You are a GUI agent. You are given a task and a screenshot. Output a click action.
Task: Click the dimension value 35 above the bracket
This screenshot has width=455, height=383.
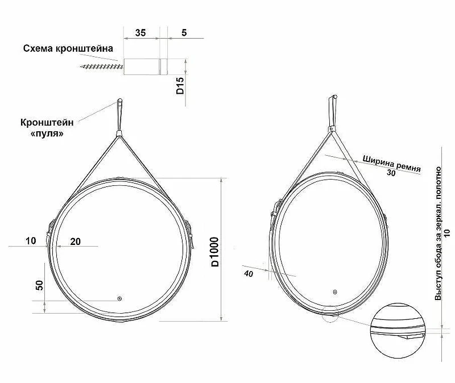pos(140,33)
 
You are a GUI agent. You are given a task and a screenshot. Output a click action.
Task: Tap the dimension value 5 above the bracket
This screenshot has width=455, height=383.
pos(184,33)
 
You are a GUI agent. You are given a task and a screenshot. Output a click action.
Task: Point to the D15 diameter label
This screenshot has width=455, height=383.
pos(180,86)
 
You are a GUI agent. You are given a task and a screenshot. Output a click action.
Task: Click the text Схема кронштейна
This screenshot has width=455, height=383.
pos(68,48)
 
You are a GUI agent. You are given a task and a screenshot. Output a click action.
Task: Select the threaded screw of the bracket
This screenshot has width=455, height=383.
pos(102,66)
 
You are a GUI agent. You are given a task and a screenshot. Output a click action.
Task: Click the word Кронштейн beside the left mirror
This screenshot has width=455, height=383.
pos(47,122)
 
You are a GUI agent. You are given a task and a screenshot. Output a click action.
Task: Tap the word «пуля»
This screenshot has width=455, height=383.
pos(47,134)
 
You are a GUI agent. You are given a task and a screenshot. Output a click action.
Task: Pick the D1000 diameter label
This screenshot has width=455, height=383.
pos(215,252)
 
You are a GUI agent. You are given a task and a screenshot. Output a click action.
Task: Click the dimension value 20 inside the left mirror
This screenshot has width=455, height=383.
pos(76,242)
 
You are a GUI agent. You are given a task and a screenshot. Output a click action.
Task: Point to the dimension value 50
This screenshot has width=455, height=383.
pos(39,285)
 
